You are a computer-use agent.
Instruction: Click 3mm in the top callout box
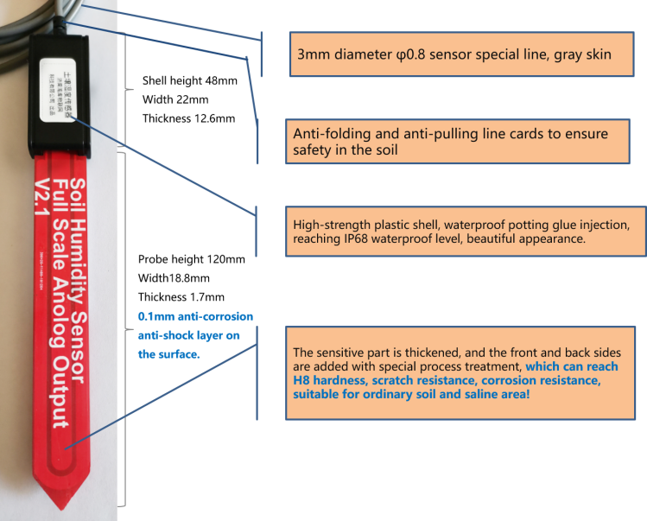(313, 54)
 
